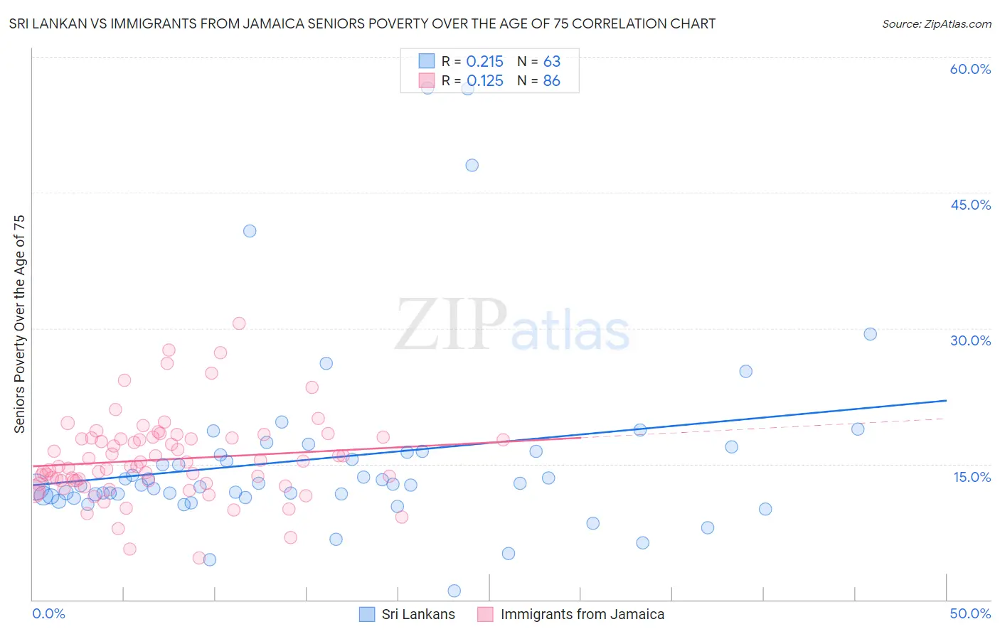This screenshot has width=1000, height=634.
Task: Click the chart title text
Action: [362, 23]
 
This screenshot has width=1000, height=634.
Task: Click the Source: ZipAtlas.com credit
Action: [936, 23]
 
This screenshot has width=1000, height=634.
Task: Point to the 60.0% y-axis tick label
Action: [970, 69]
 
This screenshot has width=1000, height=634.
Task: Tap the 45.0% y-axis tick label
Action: [970, 205]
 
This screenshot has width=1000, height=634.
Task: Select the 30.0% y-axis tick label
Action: [970, 340]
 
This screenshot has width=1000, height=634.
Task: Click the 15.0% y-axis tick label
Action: [972, 476]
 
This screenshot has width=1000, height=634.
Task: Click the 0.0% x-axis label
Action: [48, 613]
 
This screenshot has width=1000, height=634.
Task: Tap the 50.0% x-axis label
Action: [970, 613]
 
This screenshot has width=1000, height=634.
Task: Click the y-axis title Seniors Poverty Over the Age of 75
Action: [19, 324]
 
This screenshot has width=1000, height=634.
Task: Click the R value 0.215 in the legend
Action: [484, 62]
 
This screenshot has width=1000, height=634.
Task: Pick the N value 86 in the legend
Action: [551, 81]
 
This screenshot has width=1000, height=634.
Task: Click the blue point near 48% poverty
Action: [472, 165]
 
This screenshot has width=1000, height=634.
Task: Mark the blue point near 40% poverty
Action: [250, 231]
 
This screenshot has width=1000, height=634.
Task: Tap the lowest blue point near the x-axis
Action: [454, 591]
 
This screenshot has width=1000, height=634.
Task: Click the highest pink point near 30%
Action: [239, 323]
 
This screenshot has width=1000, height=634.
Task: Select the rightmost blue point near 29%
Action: [870, 334]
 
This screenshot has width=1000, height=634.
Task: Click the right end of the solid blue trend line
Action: [946, 401]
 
